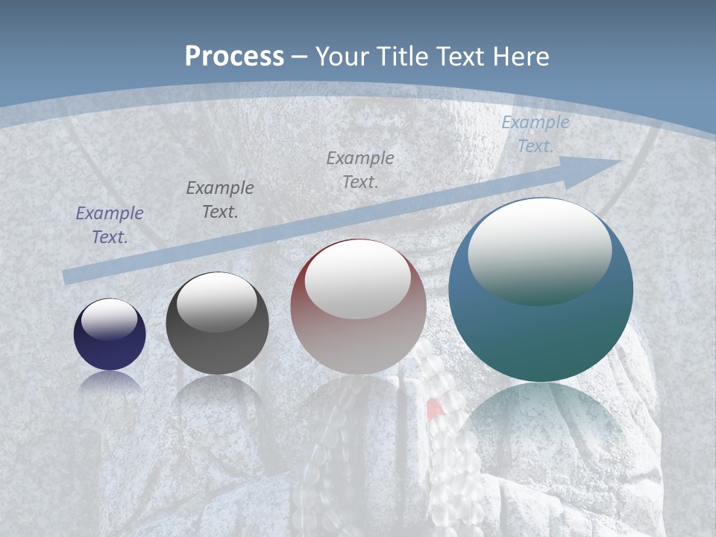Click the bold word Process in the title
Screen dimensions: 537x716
(234, 56)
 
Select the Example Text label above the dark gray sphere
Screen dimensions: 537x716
(220, 200)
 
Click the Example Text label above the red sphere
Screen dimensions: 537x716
(360, 169)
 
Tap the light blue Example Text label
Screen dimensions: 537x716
(536, 134)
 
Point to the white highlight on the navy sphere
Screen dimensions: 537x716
(110, 318)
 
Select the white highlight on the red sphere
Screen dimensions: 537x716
(358, 280)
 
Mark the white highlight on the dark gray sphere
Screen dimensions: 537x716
(217, 302)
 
